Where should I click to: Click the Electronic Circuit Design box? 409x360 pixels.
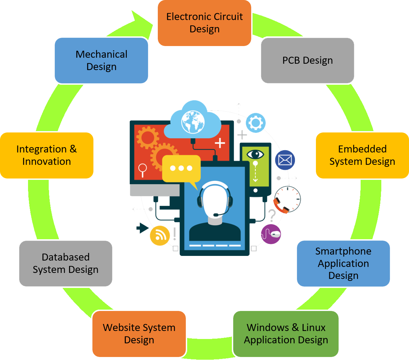click(x=204, y=23)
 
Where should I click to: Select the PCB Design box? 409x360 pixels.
click(x=307, y=60)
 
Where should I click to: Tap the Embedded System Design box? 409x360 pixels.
click(x=362, y=155)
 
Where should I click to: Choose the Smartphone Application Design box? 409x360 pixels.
click(x=343, y=263)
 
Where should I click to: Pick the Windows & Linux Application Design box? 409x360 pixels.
click(x=286, y=334)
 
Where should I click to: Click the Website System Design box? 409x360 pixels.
click(x=139, y=334)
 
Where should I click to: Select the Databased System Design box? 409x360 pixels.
click(x=65, y=263)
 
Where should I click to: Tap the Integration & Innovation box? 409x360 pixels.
click(x=46, y=155)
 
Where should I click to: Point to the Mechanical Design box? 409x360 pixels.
click(x=101, y=60)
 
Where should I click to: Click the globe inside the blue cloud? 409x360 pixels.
click(x=193, y=122)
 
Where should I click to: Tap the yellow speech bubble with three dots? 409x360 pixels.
click(x=181, y=168)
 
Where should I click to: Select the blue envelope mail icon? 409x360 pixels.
click(x=285, y=160)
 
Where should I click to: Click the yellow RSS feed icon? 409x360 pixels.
click(x=160, y=236)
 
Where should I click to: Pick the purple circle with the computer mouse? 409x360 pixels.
click(x=271, y=234)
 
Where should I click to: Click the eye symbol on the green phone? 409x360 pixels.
click(x=255, y=154)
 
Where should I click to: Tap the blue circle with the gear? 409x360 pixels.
click(x=256, y=123)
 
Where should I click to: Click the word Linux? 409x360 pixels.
click(x=313, y=328)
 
